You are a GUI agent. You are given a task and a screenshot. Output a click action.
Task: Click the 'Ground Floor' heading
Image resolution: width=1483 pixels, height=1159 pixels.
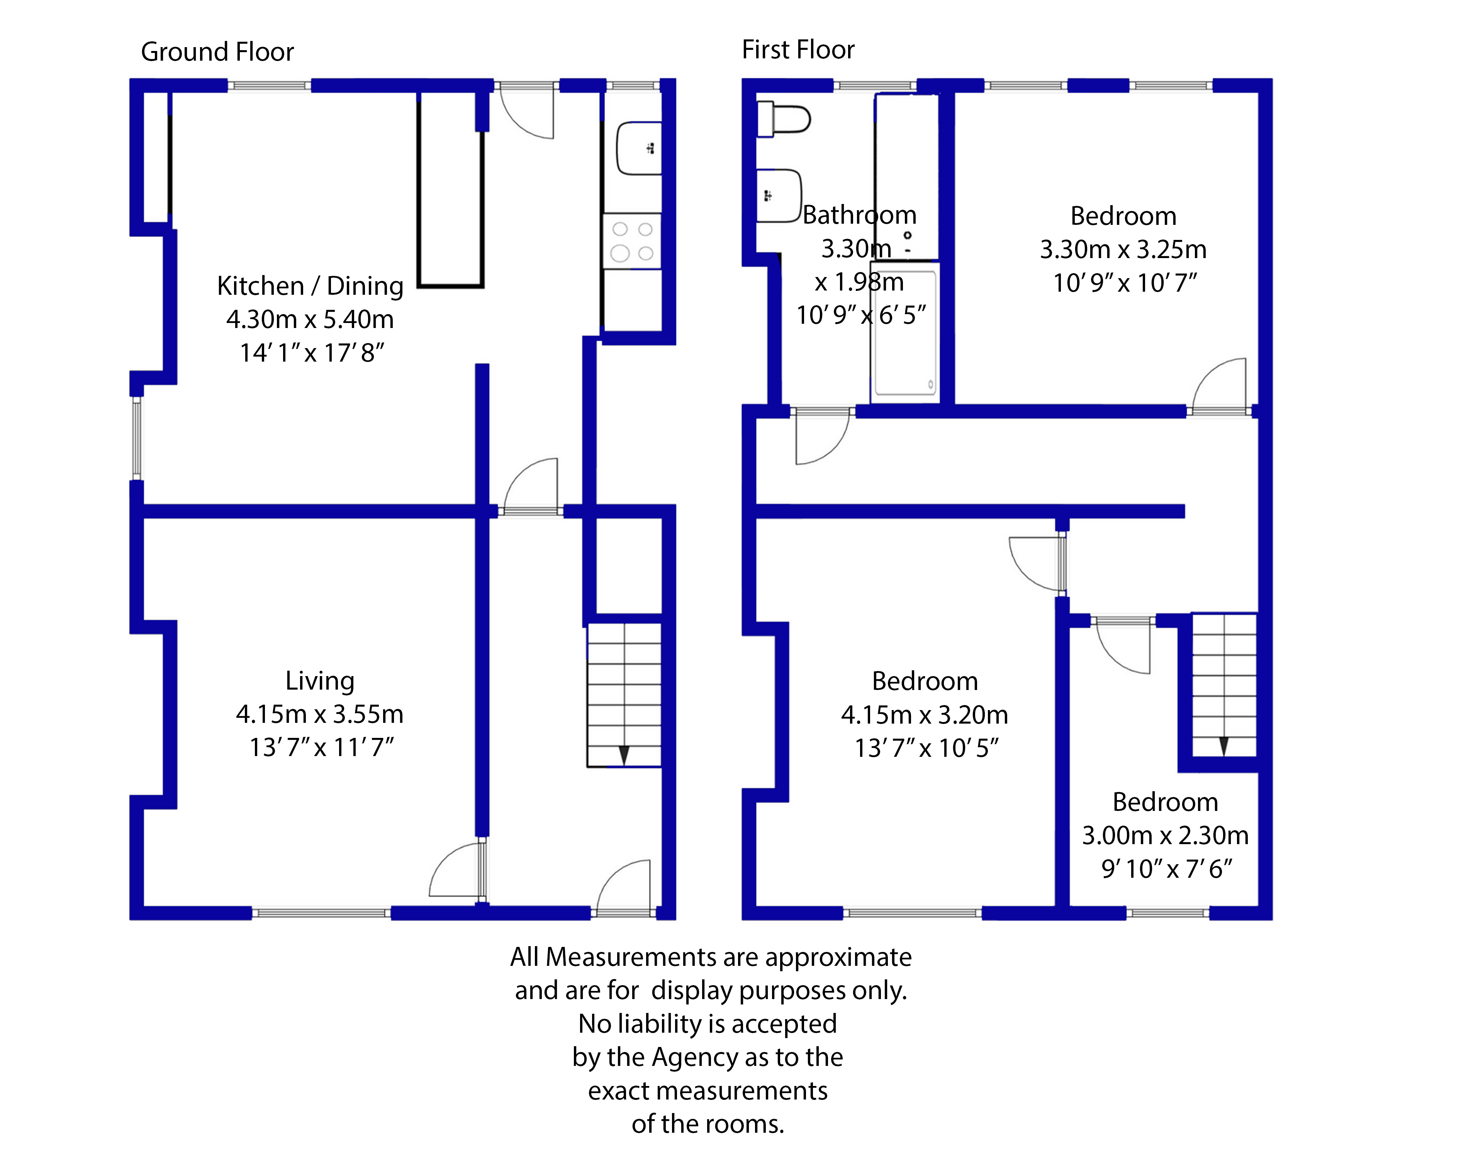pyautogui.click(x=217, y=52)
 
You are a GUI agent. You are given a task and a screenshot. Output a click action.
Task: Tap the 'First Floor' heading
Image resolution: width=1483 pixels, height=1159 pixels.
pyautogui.click(x=798, y=49)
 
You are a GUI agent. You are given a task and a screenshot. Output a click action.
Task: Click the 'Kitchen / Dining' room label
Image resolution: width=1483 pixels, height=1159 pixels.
pyautogui.click(x=311, y=286)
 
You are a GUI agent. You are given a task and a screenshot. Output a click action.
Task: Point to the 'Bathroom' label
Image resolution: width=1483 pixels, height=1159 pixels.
pyautogui.click(x=860, y=215)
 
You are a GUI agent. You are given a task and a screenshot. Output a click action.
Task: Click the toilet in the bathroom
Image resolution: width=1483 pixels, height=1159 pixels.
pyautogui.click(x=784, y=119)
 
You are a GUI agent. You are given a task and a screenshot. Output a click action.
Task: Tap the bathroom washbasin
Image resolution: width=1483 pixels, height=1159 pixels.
pyautogui.click(x=779, y=195)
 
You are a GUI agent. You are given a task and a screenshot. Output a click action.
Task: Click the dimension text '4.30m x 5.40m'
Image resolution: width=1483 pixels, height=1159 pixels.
pyautogui.click(x=311, y=319)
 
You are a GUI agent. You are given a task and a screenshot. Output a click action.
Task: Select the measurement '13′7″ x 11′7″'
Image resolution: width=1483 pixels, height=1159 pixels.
pyautogui.click(x=322, y=747)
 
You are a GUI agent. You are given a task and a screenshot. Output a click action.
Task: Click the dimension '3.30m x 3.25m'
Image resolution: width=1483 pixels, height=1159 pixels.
pyautogui.click(x=1123, y=249)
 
